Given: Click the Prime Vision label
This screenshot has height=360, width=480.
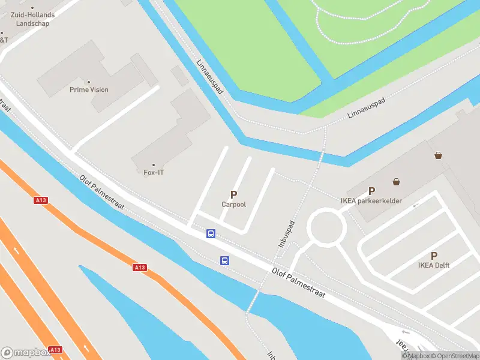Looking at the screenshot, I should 89,90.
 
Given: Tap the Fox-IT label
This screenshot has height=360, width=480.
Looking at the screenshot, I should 154,173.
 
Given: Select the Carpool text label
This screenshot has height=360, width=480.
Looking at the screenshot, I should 233,205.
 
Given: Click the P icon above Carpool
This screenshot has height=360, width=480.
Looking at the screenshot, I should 233,194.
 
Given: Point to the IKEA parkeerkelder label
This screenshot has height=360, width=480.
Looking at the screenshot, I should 371,201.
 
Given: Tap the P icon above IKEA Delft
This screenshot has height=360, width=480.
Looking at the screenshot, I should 434,256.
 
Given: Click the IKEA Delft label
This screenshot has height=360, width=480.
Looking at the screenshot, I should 434,265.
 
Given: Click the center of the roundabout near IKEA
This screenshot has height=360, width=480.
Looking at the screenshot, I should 326,227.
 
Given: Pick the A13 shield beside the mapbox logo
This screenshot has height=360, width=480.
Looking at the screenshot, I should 55,349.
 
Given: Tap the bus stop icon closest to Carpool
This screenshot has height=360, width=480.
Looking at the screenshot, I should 211,233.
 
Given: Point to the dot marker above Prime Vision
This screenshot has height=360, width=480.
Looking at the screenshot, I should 89,82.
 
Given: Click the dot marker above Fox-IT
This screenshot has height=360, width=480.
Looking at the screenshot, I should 154,165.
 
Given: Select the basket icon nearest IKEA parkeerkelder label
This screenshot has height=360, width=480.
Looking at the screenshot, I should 397,181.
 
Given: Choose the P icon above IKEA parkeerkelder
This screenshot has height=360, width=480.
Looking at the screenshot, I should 371,191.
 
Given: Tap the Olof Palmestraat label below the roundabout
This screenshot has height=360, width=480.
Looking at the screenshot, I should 299,284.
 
